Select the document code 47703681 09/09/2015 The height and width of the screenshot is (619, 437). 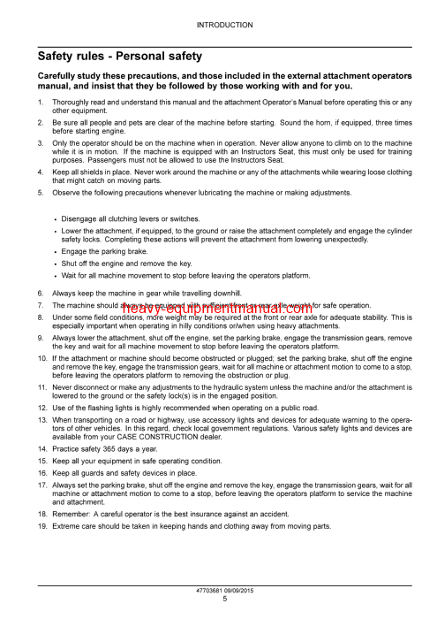(x=224, y=590)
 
